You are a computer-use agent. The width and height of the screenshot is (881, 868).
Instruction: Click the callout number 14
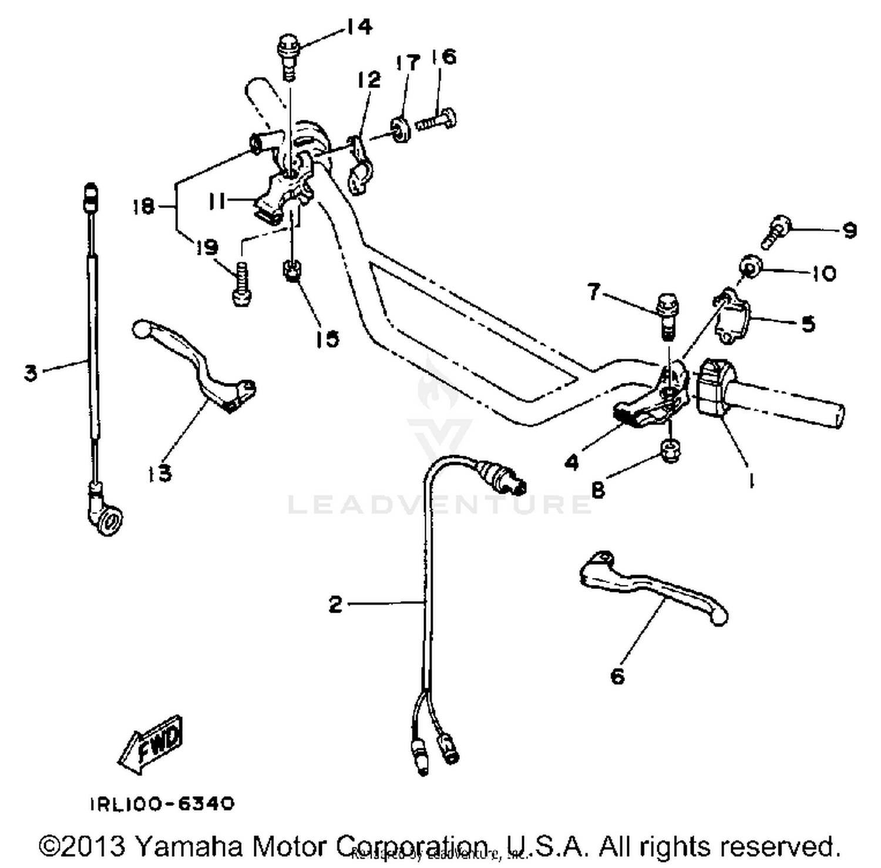tap(358, 27)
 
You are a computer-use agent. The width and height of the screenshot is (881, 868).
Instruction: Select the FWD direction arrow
tap(151, 743)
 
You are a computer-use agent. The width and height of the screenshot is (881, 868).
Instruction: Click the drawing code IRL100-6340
tap(162, 803)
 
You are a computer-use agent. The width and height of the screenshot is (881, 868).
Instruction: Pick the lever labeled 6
tap(652, 587)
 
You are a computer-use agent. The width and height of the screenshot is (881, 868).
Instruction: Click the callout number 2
tap(335, 604)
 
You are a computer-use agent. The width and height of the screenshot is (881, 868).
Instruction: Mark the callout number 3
tap(31, 372)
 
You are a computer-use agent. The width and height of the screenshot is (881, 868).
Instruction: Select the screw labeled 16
tap(436, 120)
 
